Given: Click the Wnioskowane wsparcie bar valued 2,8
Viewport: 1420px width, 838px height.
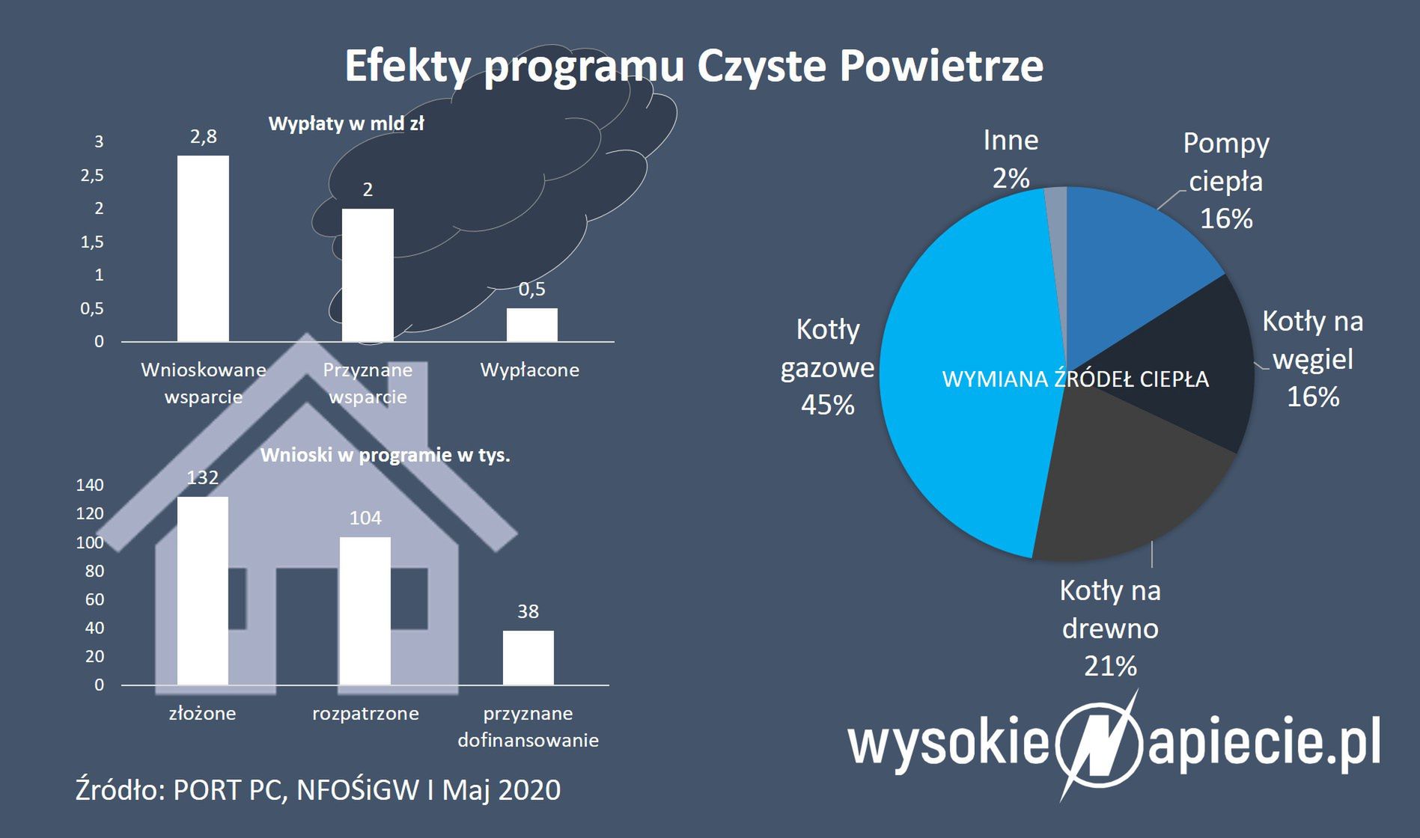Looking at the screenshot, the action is (x=203, y=248).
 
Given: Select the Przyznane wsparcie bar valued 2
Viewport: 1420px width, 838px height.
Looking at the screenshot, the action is (x=368, y=275).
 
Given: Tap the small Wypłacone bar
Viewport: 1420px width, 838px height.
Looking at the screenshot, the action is (x=532, y=325).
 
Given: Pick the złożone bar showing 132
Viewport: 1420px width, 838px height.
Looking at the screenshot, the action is (x=203, y=590).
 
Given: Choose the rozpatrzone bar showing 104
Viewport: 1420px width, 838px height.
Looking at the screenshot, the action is (x=365, y=611).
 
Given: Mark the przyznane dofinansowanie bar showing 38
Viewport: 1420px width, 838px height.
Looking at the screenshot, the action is (x=528, y=658).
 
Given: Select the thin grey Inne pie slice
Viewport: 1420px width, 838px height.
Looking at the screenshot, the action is (x=1056, y=224).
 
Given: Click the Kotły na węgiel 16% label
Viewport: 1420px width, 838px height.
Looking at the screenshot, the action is (x=1313, y=359).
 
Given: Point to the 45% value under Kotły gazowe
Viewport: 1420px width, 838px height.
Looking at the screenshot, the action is (x=828, y=405).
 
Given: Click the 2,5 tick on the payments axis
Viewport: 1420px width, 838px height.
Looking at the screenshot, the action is (x=92, y=175).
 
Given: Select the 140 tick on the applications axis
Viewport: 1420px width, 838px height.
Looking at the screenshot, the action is (x=90, y=485).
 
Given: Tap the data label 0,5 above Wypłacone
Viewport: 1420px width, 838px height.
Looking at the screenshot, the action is (x=532, y=289).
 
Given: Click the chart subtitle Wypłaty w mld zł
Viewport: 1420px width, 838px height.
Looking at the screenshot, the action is (x=346, y=124).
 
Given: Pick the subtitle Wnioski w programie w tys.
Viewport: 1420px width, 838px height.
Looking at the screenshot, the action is (x=386, y=455).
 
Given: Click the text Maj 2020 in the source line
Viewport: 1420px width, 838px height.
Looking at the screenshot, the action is (x=502, y=790).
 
